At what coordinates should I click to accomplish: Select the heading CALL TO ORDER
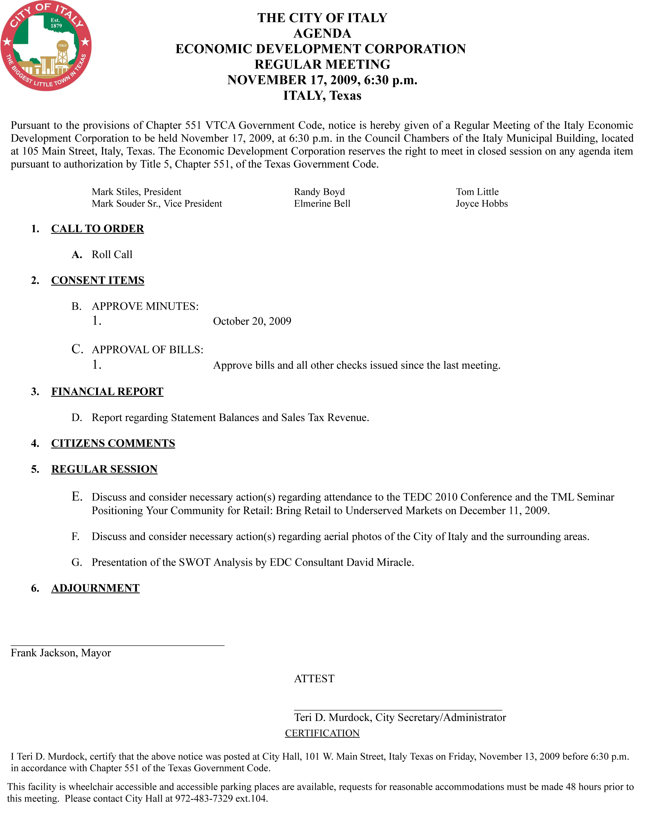(97, 228)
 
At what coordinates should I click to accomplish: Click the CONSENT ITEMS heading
(97, 280)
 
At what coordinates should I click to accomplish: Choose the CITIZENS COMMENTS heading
(113, 443)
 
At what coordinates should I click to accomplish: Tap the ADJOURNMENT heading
(95, 588)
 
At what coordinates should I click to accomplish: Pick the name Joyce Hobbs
(482, 204)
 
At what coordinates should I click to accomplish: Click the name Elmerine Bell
(322, 204)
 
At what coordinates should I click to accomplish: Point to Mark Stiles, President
(136, 192)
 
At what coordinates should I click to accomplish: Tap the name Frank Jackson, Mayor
(61, 653)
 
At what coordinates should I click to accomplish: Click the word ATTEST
(314, 679)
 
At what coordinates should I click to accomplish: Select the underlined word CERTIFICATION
(322, 733)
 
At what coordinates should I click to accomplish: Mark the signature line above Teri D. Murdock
(398, 710)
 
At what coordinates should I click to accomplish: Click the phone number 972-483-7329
(204, 798)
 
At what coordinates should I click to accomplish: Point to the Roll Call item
(112, 254)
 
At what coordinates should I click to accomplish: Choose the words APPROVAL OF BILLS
(147, 350)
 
